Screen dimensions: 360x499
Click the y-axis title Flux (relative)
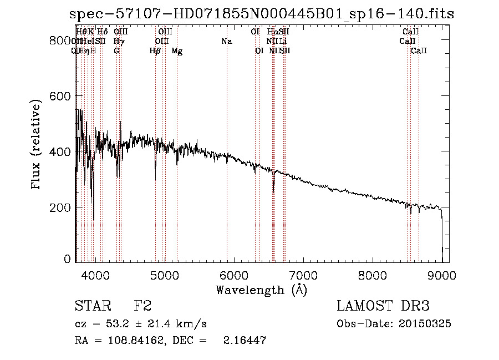[x=37, y=145]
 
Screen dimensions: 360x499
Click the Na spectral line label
[x=226, y=42]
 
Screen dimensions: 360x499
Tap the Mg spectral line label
[x=177, y=51]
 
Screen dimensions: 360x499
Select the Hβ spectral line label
[x=155, y=51]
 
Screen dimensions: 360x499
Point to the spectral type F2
[x=143, y=306]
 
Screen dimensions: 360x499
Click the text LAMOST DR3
[x=383, y=306]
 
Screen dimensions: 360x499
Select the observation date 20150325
[x=427, y=324]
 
